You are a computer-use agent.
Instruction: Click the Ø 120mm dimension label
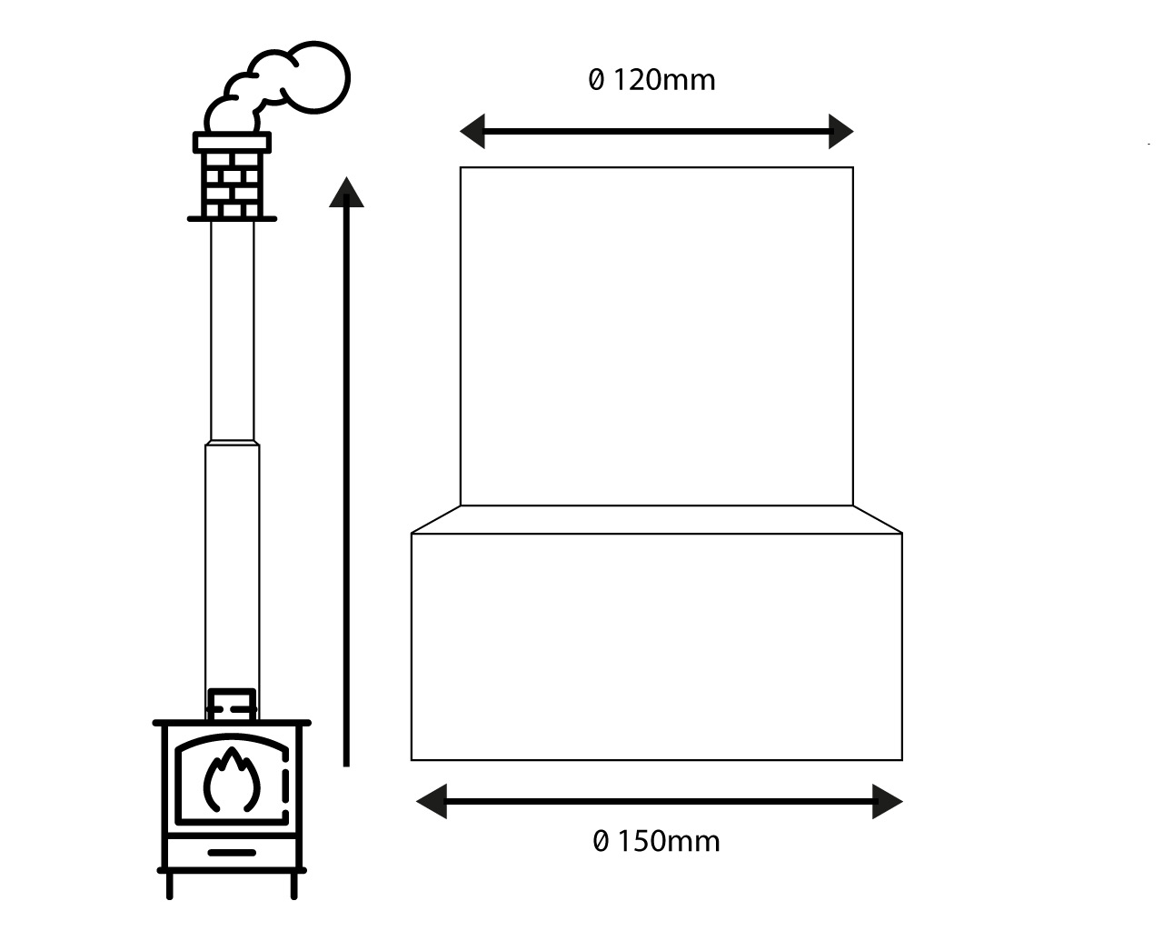point(651,80)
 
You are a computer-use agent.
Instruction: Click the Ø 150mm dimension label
point(656,841)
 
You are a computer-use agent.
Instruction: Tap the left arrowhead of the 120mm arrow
point(472,132)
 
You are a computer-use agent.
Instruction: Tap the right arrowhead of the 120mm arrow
point(840,132)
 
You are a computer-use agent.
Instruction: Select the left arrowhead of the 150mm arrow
point(431,801)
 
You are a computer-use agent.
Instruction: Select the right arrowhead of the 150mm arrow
point(888,801)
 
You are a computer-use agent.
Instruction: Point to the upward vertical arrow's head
point(346,193)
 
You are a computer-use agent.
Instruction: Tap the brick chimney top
point(232,177)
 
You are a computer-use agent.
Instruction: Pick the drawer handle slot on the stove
point(232,853)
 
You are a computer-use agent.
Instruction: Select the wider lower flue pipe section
point(233,564)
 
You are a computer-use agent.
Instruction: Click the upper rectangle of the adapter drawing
point(656,336)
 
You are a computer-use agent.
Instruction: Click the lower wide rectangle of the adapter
point(656,646)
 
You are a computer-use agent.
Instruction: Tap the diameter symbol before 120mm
point(596,80)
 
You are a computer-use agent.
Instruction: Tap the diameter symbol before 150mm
point(601,841)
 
